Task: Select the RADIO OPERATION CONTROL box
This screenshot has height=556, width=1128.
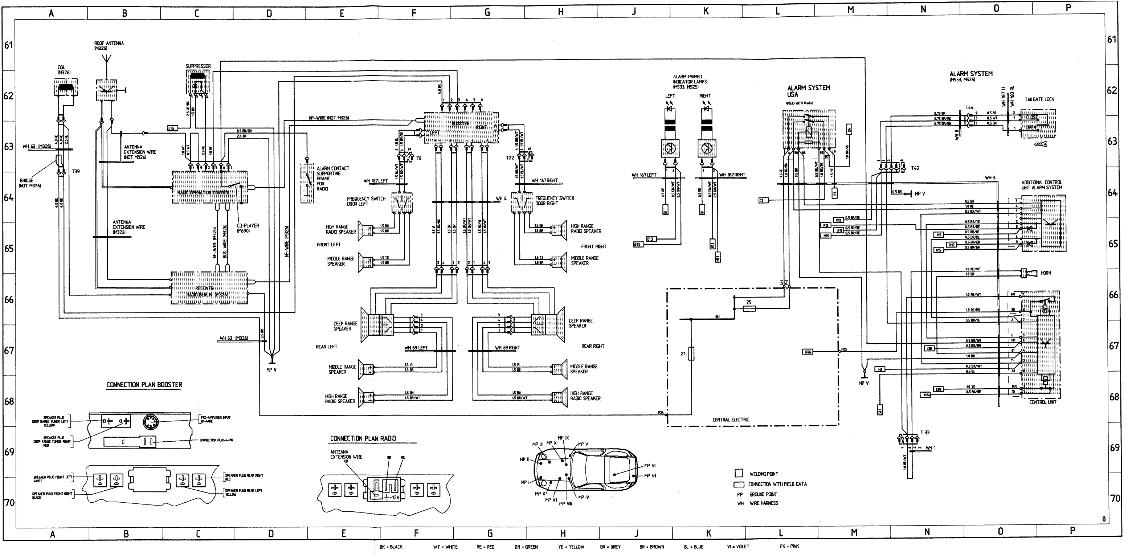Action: click(x=209, y=187)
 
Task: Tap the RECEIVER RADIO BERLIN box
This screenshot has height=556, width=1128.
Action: click(x=209, y=288)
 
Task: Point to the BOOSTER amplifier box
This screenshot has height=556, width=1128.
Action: click(x=461, y=127)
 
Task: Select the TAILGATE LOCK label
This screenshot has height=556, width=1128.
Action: click(x=1039, y=99)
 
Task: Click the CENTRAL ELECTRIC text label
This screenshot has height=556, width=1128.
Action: click(x=730, y=420)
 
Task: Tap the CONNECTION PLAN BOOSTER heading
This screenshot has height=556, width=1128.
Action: click(x=144, y=385)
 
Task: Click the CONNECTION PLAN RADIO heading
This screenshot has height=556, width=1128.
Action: click(x=363, y=438)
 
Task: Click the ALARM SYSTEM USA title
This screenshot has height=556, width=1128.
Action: click(x=808, y=91)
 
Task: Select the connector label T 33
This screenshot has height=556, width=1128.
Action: click(x=924, y=433)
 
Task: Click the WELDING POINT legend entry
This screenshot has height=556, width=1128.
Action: click(x=764, y=474)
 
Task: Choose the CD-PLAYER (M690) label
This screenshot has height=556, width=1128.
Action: click(x=248, y=228)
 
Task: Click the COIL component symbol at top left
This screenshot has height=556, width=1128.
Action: click(x=66, y=87)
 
